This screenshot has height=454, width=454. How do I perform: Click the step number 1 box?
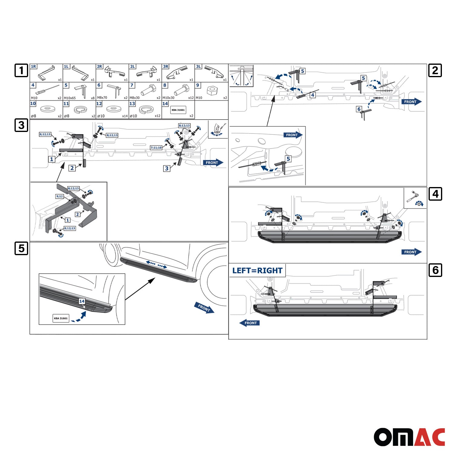(21, 71)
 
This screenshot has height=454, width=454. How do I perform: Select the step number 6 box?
(435, 270)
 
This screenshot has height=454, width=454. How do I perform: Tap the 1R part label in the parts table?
(33, 67)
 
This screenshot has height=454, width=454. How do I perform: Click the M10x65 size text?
(70, 98)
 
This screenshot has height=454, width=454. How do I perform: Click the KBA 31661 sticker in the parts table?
(178, 110)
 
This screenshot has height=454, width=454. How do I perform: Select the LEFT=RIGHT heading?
(257, 271)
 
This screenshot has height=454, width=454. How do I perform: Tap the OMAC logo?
(409, 437)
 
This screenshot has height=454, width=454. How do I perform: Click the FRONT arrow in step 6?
(249, 323)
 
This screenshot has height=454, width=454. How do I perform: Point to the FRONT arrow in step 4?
(412, 252)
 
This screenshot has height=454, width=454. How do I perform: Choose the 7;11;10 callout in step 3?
(156, 148)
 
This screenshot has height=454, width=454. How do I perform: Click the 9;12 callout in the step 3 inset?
(60, 196)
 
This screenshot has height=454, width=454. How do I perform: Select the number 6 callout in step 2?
(359, 109)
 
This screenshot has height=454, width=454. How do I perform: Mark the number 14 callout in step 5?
(82, 301)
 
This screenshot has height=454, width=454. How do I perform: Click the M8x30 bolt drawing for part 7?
(148, 90)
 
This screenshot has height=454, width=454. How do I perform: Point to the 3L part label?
(198, 67)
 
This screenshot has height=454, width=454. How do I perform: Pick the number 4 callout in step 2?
(313, 95)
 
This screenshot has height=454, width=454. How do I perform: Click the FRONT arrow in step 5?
(204, 308)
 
